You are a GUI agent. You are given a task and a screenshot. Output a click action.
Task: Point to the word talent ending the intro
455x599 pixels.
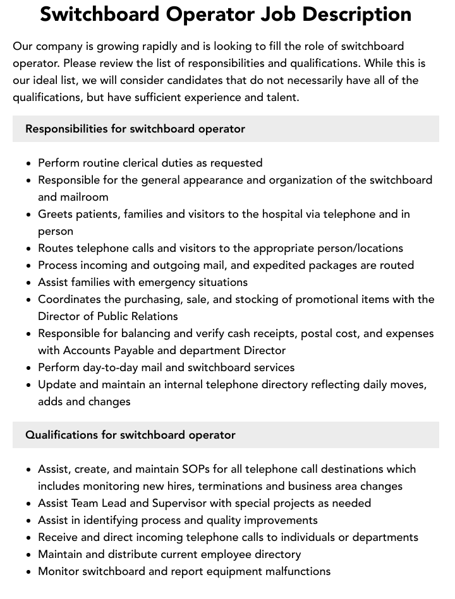pos(278,97)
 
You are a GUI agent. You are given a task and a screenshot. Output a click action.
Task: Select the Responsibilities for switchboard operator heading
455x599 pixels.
pos(135,129)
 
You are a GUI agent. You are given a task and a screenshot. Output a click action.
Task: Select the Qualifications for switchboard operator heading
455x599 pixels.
pos(130,435)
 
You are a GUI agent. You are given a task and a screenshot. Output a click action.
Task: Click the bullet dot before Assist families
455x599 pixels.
pos(29,283)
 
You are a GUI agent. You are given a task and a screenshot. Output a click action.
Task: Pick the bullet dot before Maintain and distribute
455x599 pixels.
pos(29,555)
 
